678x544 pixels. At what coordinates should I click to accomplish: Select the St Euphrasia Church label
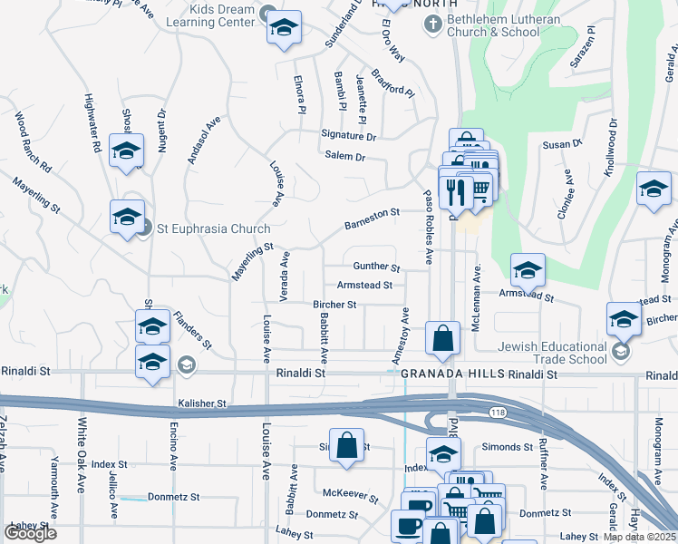point(202,227)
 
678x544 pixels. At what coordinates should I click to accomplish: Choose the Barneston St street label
point(372,218)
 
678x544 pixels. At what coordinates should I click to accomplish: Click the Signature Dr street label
point(348,136)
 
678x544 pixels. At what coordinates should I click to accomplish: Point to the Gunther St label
point(376,267)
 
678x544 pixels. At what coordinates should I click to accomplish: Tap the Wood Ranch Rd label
point(34,142)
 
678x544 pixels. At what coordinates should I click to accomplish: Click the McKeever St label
point(351,494)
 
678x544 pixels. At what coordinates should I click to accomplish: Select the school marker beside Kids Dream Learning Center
point(284,28)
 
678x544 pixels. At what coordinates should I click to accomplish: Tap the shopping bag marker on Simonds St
point(346,446)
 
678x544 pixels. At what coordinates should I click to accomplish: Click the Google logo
point(30,533)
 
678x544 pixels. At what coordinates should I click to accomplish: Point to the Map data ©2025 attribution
point(639,537)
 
